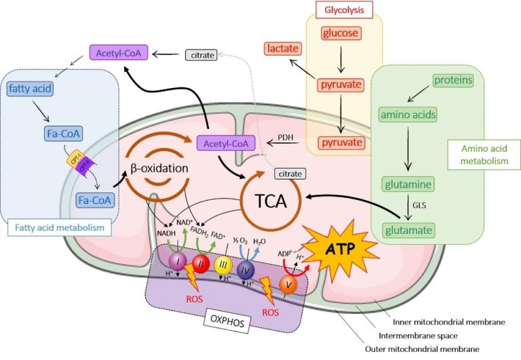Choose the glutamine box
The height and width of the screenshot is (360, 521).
408,184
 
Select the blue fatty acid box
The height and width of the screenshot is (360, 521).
31,88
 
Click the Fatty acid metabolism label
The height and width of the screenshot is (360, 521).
60,228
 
